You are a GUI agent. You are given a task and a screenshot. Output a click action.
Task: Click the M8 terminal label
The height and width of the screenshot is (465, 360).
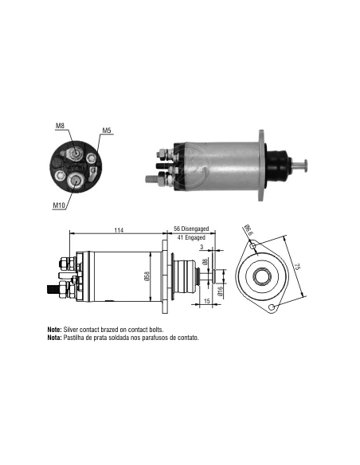coord(60,126)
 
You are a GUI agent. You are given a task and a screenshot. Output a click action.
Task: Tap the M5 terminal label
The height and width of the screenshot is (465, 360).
coord(107,131)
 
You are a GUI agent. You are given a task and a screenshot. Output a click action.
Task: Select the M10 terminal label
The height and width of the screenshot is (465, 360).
coord(59,205)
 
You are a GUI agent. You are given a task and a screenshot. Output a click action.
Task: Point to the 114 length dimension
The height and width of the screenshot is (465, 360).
coord(119,230)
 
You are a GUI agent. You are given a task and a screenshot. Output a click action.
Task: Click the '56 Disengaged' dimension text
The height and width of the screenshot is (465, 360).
coord(191,229)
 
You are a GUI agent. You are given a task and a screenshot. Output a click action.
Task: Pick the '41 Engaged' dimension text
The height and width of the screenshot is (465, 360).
coord(191,237)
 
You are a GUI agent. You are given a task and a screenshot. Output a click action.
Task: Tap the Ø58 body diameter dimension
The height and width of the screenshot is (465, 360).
coord(147,275)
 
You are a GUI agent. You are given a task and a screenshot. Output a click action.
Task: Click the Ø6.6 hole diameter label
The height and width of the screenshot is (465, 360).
coord(248,230)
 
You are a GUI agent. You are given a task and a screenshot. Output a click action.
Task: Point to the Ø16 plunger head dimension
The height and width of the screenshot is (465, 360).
coord(220,291)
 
